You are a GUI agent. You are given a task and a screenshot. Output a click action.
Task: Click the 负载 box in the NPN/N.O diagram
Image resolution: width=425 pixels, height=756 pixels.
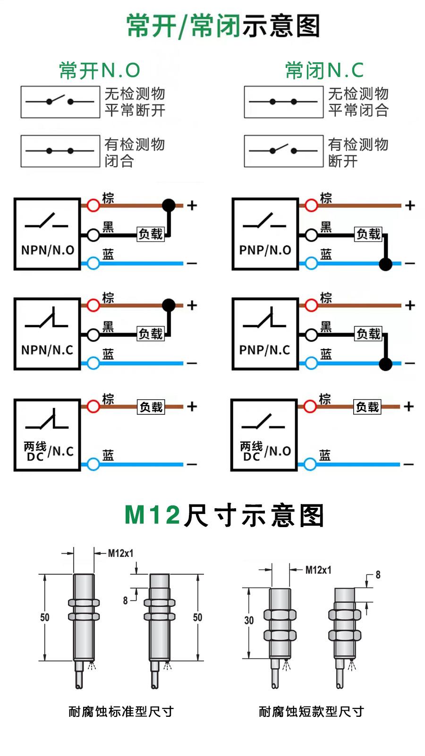click(x=151, y=234)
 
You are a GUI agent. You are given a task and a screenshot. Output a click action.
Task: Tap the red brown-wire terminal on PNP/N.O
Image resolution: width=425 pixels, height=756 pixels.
click(x=311, y=205)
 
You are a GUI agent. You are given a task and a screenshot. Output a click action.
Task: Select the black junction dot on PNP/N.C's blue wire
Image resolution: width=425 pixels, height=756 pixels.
click(x=386, y=363)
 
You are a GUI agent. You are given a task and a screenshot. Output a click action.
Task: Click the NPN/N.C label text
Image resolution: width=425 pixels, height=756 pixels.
click(x=47, y=350)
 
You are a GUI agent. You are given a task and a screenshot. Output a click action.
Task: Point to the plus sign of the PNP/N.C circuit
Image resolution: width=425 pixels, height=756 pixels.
click(x=410, y=305)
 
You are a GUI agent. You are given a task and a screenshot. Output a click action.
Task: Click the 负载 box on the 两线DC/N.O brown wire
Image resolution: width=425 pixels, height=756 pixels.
click(x=367, y=407)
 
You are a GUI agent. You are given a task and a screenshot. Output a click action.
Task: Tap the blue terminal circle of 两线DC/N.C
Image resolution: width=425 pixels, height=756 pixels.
click(x=93, y=464)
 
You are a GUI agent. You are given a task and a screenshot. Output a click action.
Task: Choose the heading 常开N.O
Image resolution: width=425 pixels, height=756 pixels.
click(x=100, y=70)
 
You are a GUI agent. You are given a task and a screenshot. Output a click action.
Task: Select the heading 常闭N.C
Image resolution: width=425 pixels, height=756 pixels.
click(x=324, y=70)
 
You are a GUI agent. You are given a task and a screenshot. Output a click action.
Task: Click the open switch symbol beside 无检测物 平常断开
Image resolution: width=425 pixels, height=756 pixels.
click(x=60, y=101)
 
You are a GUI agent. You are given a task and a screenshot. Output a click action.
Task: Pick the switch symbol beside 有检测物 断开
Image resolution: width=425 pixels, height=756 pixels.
click(x=283, y=151)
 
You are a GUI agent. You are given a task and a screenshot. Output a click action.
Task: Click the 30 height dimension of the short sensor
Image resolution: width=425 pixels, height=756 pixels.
click(x=249, y=620)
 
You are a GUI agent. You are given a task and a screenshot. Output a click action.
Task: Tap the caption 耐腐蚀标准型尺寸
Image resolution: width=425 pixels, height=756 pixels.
click(x=121, y=711)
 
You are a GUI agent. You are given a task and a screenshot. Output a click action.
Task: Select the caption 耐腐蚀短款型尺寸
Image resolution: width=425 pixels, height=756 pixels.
click(x=311, y=711)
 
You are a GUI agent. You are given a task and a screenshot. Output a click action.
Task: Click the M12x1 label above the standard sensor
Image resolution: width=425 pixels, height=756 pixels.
click(x=120, y=553)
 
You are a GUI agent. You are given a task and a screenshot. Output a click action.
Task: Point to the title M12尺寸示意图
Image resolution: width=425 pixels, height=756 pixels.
click(x=224, y=515)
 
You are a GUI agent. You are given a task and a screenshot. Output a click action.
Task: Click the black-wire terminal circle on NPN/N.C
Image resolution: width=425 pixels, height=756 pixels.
click(x=93, y=335)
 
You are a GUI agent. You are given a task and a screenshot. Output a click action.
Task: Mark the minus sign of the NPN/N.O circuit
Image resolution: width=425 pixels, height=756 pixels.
click(x=192, y=263)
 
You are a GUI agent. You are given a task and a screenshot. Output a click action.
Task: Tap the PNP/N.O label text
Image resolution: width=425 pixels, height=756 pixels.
click(x=265, y=250)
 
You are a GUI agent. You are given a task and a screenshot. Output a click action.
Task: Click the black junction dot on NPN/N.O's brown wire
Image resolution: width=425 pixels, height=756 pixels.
click(x=169, y=205)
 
